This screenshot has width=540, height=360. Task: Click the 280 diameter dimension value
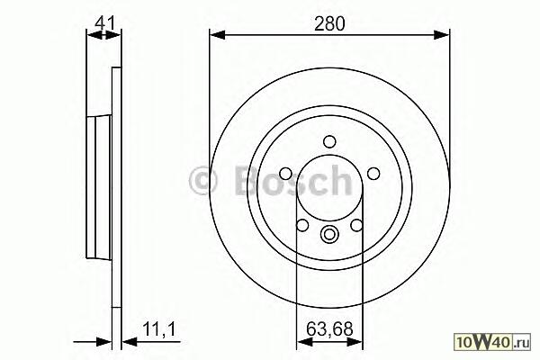point(329,23)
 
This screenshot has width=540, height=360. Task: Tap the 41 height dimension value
point(104,23)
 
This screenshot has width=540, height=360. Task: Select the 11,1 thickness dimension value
point(159,329)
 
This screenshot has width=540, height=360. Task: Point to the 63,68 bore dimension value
point(329,329)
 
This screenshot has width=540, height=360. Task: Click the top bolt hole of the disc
point(329,141)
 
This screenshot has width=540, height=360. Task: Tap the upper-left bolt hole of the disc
point(286,174)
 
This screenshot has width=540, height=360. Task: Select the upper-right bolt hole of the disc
point(373,174)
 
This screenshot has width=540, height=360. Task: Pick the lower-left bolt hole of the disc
point(302,225)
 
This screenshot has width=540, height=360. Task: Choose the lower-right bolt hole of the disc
point(356,225)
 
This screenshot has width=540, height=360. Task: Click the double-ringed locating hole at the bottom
point(329,234)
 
